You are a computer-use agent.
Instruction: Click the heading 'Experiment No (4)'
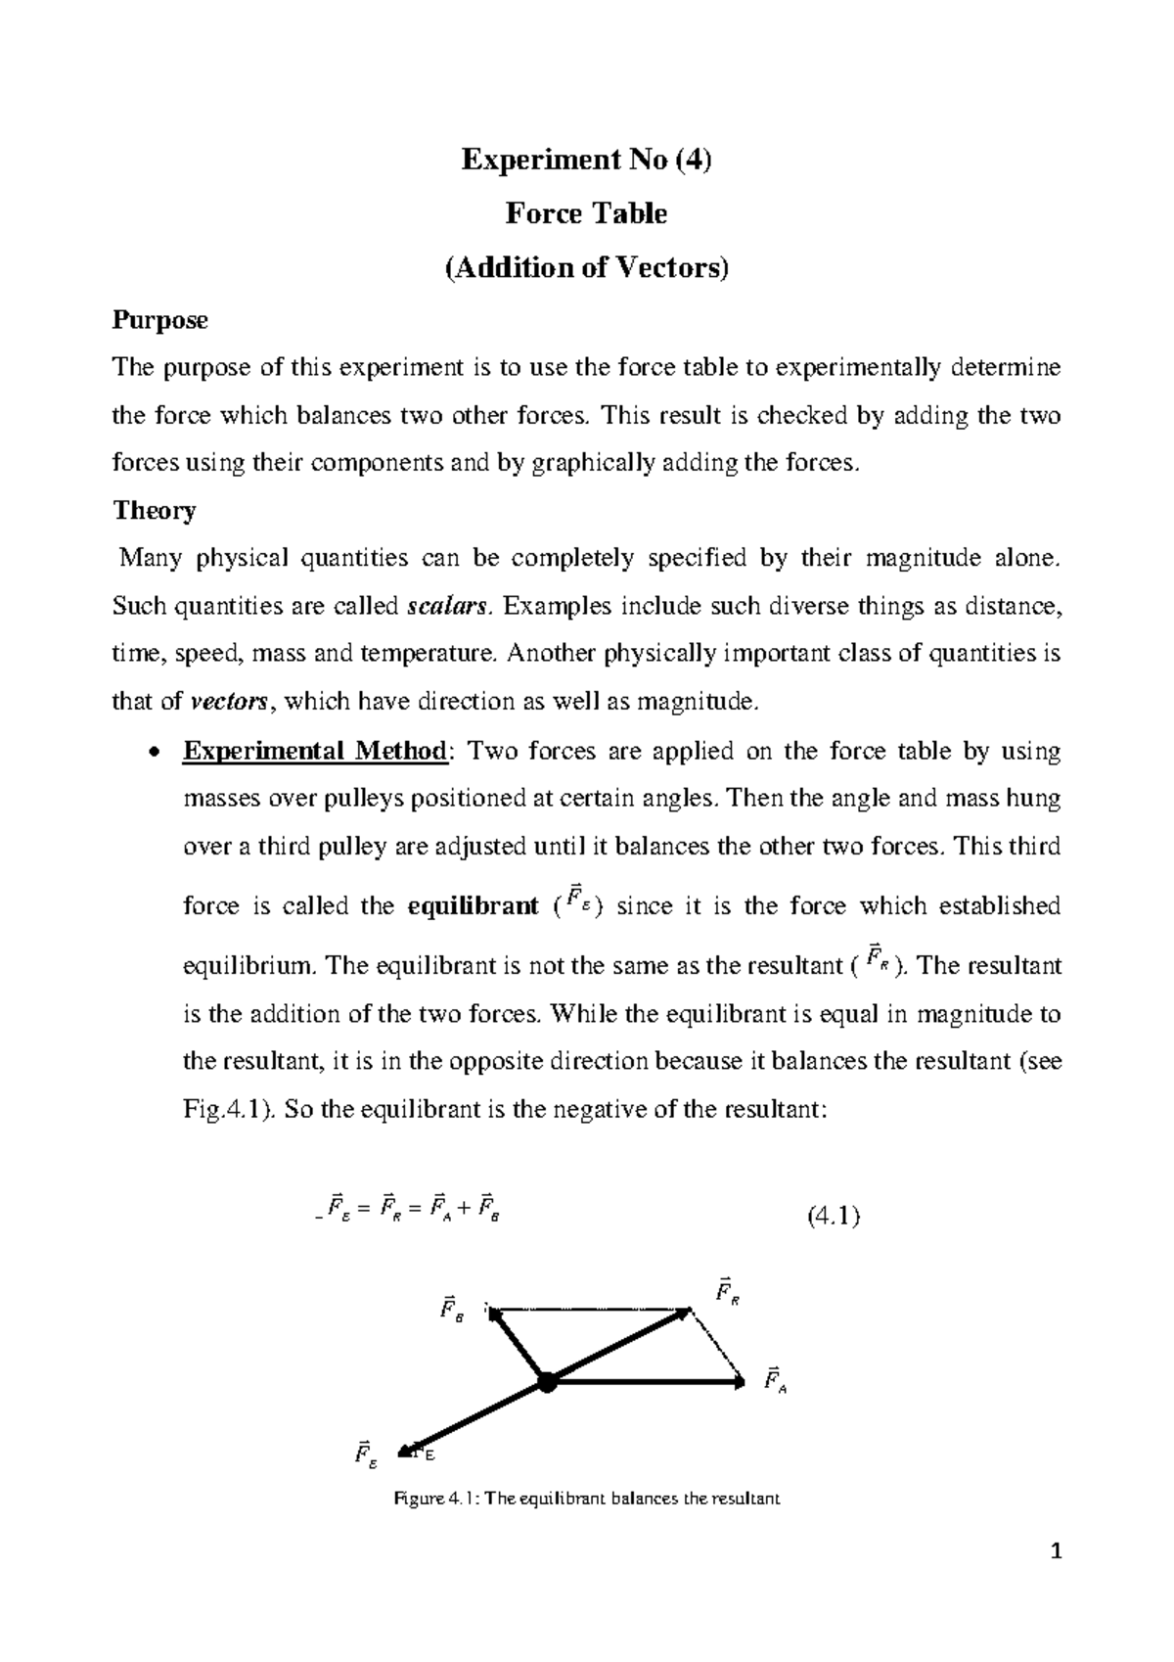point(586,159)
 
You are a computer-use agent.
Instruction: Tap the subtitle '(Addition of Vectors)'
point(586,266)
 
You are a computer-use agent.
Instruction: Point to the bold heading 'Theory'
point(155,510)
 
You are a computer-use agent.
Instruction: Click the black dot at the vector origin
point(546,1382)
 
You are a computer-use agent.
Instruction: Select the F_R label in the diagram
point(726,1291)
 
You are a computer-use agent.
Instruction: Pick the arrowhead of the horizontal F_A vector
point(739,1382)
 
